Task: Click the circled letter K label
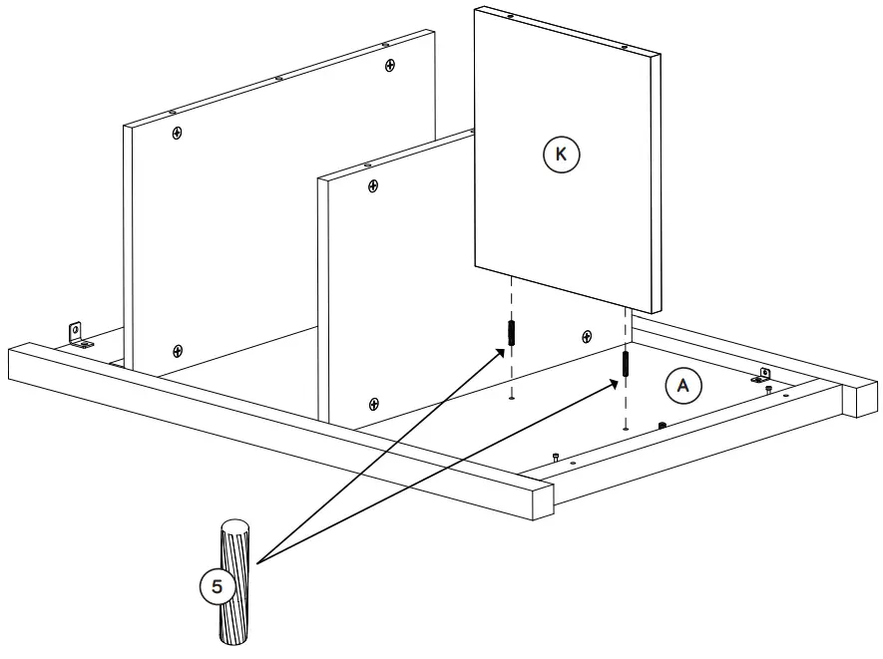561,155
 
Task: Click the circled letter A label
683,385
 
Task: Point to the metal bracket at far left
76,332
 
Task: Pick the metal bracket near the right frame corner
762,375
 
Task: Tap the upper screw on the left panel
177,133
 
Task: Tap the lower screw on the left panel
178,350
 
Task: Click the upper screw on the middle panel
373,185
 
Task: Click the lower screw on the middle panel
374,403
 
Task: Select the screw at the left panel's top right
389,65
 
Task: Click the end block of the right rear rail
858,398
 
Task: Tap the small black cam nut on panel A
661,425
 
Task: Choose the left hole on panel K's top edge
510,17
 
